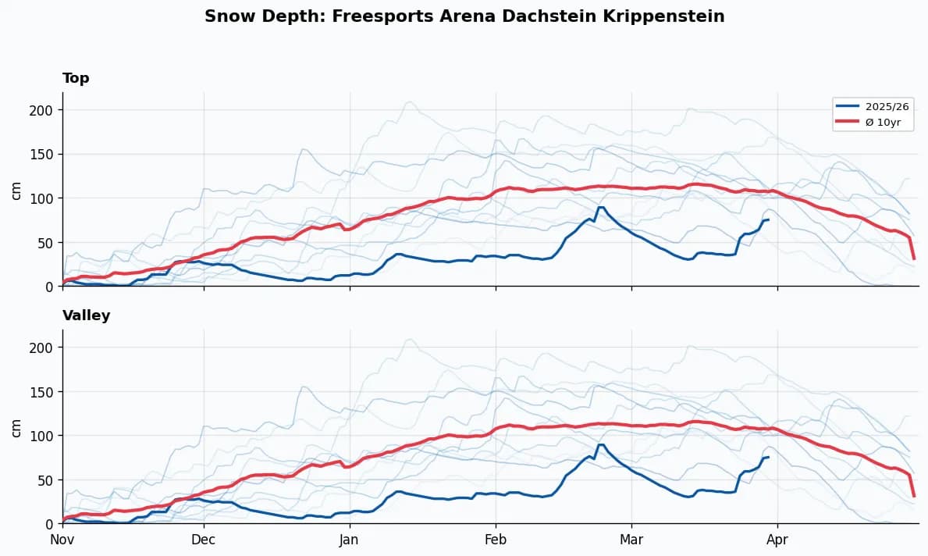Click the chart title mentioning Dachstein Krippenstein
point(464,16)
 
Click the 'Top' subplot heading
point(76,78)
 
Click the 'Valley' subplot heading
point(86,315)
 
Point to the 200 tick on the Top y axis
point(44,110)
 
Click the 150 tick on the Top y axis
point(44,154)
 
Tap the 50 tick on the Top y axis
point(48,243)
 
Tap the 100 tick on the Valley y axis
point(44,436)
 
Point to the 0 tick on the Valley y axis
point(51,524)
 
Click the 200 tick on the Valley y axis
point(44,347)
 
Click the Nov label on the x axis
point(62,540)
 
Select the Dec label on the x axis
point(204,540)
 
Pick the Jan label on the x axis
point(350,540)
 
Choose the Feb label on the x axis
point(496,540)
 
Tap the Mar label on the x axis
point(631,540)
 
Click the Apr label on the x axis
point(777,540)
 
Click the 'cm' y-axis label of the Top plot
point(16,190)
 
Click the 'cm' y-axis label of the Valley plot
point(16,427)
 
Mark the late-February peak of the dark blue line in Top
point(600,207)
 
